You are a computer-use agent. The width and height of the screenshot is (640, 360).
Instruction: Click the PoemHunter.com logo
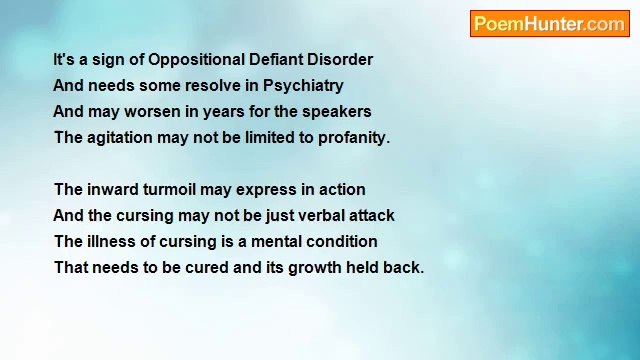tap(549, 24)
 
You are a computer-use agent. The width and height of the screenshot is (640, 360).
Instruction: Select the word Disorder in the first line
tap(343, 60)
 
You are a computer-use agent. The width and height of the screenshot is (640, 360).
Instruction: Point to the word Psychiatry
tap(303, 86)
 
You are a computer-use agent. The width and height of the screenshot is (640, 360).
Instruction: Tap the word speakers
tap(336, 112)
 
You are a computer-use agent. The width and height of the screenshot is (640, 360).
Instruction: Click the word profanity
tap(353, 138)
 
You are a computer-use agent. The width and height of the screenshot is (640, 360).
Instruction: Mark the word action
tap(341, 190)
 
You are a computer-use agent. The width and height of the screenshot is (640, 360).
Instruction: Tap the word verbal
tap(317, 216)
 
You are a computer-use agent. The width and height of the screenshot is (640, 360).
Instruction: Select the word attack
tap(370, 216)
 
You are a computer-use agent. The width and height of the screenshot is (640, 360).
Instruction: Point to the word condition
tap(343, 242)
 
